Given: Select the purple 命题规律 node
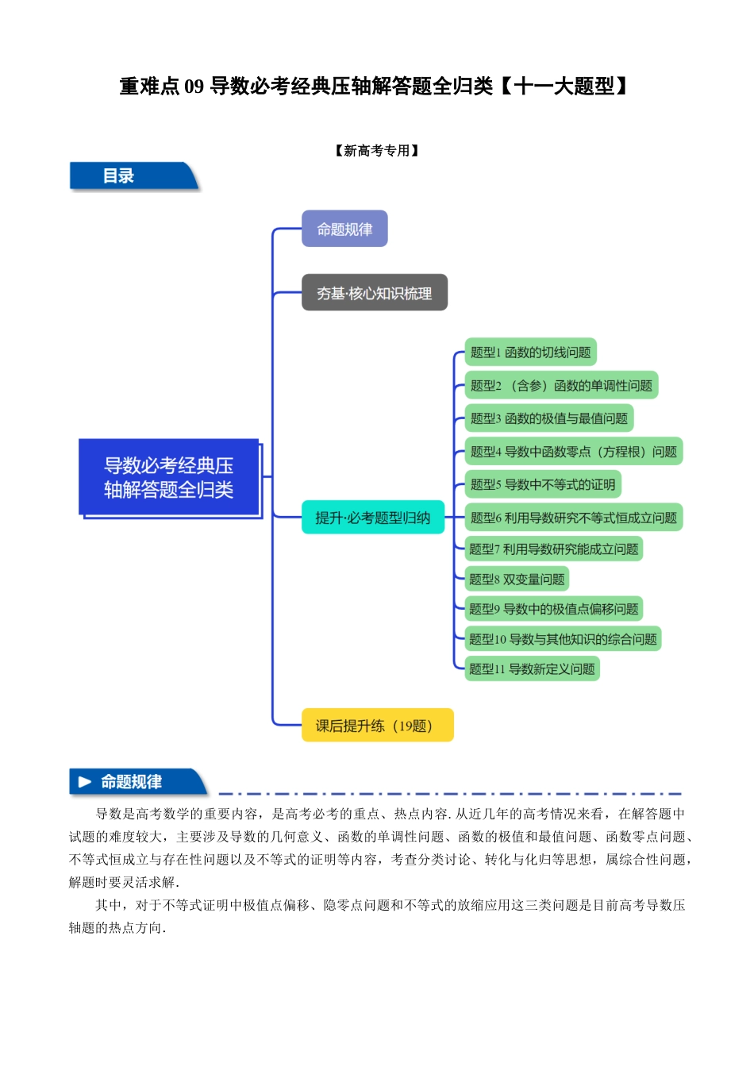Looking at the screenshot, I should point(344,229).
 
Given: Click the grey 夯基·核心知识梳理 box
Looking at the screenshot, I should point(374,293).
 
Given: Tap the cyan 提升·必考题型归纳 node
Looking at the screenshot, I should point(372,518).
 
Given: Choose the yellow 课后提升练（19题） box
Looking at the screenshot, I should point(377,726).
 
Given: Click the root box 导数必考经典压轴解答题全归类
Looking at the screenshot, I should point(169,477).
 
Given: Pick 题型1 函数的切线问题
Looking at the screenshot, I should point(530,352).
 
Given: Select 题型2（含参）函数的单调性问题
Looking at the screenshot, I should point(561,386).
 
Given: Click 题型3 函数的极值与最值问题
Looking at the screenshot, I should point(548,418).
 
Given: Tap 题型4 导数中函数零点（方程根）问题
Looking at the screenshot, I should point(573,452).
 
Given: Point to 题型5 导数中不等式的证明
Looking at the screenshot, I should point(542,484).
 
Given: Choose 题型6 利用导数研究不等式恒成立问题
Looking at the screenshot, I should point(573,518).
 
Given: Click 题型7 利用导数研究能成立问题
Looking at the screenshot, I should point(553,549).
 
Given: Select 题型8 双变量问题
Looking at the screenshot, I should point(517,579).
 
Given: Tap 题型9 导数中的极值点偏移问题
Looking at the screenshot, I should point(553,609).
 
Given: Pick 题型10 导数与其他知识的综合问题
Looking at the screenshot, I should point(563,639).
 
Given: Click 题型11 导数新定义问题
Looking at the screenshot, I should point(532,669).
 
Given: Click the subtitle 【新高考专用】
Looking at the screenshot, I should point(376,151).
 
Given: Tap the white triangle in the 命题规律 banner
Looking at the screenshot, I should point(85,782).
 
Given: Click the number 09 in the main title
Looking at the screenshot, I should point(194,87).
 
